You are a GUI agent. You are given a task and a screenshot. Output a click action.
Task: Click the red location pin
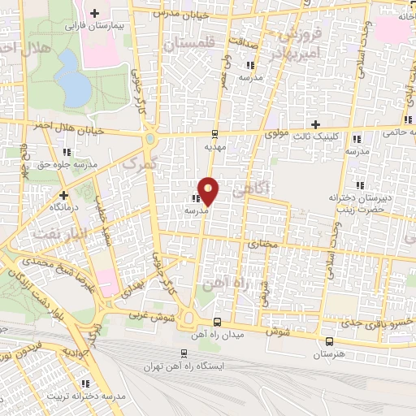pos(208,190)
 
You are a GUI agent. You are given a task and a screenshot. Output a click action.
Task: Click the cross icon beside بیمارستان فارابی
pos(96,13)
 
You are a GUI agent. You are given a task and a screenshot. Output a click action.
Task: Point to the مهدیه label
pos(213,148)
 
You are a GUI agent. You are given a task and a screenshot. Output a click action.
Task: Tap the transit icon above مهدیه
pos(214,134)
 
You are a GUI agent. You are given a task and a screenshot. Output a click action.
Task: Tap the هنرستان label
pos(328,355)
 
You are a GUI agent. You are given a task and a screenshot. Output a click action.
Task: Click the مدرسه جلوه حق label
pos(68,164)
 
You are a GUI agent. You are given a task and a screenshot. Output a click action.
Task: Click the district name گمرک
pos(132,163)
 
